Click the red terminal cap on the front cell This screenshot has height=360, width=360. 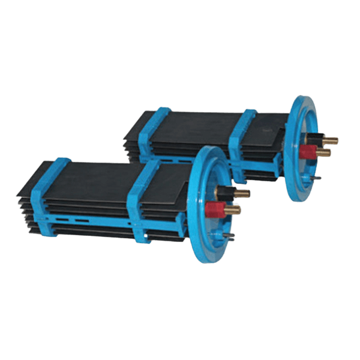[x=213, y=209]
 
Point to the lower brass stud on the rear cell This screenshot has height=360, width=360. [x=324, y=154]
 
